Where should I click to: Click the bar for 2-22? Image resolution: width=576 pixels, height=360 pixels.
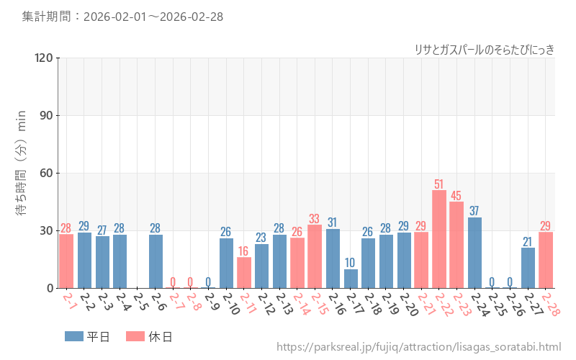click(x=439, y=239)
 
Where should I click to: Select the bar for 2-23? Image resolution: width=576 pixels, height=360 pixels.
click(x=456, y=245)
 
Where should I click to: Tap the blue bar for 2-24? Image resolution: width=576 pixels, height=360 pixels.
click(x=474, y=253)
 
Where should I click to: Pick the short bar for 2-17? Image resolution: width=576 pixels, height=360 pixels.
click(x=351, y=279)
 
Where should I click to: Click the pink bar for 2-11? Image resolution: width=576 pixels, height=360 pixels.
click(x=244, y=273)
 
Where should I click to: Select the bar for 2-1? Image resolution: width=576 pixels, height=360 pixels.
click(x=66, y=261)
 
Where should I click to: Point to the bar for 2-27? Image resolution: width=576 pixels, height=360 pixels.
click(x=528, y=268)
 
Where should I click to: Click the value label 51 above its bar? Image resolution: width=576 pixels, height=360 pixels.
click(x=439, y=184)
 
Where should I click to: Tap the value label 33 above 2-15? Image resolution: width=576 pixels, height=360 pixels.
click(x=315, y=218)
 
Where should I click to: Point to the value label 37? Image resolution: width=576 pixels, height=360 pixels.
click(x=474, y=211)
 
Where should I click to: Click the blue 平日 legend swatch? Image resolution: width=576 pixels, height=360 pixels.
click(x=74, y=336)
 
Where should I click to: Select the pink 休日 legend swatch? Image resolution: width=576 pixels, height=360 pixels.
click(x=135, y=336)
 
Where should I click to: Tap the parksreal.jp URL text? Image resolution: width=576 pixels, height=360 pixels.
click(x=418, y=347)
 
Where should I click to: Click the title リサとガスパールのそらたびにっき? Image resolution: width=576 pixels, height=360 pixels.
click(x=484, y=49)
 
